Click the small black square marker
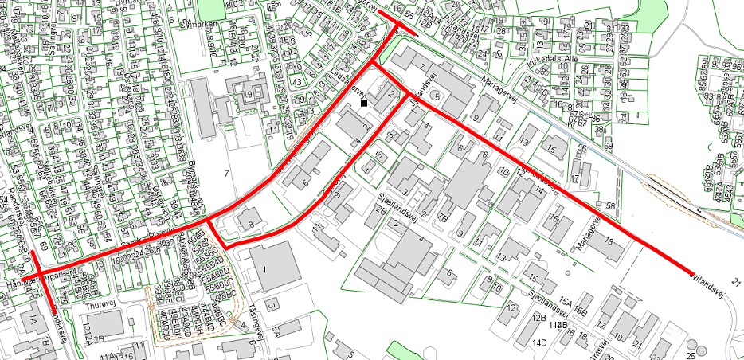pos(364,103)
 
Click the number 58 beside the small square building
pos(611,207)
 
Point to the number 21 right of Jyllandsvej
pos(734,282)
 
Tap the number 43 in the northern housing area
pos(297,83)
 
